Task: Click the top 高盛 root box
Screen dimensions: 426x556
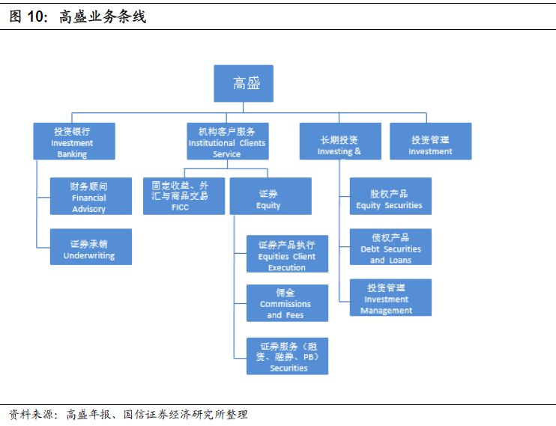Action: coord(244,83)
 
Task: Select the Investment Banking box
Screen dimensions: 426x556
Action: coord(74,142)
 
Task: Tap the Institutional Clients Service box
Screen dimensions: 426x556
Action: coord(226,142)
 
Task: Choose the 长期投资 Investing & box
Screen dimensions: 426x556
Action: coord(339,142)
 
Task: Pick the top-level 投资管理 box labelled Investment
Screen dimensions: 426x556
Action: coord(430,142)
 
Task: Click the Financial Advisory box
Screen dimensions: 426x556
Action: coord(90,196)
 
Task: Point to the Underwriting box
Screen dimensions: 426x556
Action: coord(90,246)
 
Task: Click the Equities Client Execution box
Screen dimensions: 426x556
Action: coord(287,254)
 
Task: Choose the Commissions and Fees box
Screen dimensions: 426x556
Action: coord(287,303)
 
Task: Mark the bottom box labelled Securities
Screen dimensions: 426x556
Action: coord(287,356)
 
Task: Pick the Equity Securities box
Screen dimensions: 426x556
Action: coord(390,196)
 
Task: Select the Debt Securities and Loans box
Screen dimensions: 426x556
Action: coord(390,246)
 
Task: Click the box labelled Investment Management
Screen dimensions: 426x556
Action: coord(390,297)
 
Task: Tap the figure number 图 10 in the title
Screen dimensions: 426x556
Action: coord(28,16)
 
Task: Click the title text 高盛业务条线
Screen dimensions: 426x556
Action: coord(102,16)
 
